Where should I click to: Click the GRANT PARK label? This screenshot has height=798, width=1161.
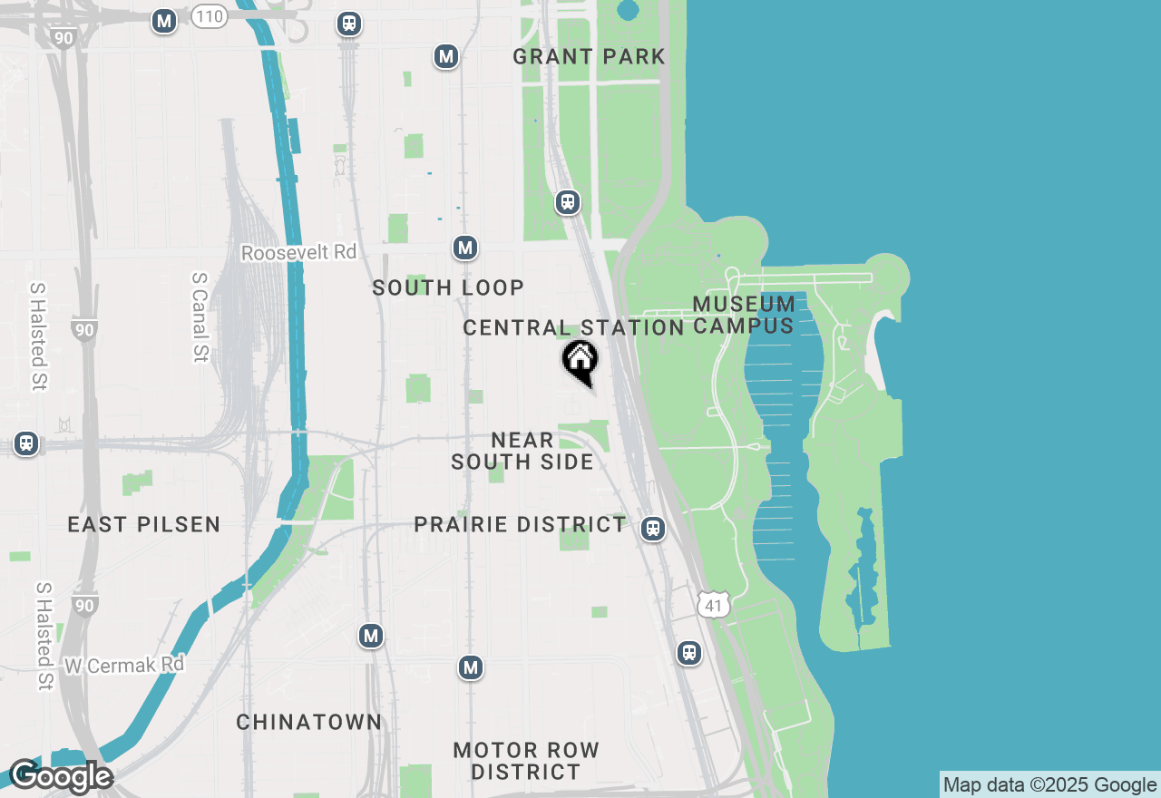click(x=589, y=56)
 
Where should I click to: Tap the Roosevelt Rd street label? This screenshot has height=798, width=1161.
click(x=298, y=252)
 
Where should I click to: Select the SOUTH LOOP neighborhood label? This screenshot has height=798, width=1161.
click(x=448, y=287)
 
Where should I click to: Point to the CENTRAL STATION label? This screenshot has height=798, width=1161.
click(x=572, y=327)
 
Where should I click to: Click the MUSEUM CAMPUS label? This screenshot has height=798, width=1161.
click(x=744, y=315)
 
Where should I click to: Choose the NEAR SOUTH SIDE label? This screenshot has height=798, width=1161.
click(x=522, y=451)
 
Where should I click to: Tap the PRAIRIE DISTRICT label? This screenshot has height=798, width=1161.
click(x=520, y=524)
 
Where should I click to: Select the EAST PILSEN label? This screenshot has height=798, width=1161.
click(x=143, y=524)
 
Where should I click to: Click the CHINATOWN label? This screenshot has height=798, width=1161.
click(x=308, y=722)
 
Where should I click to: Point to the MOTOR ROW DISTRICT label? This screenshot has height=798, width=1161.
click(x=526, y=761)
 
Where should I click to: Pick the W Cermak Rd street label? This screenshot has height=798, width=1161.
click(x=124, y=665)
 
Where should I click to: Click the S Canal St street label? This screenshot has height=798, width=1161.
click(x=200, y=317)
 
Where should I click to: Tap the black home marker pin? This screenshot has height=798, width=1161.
click(x=580, y=362)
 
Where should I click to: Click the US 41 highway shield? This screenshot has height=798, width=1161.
click(x=714, y=604)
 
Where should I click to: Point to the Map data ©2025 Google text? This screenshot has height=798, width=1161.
click(x=1049, y=785)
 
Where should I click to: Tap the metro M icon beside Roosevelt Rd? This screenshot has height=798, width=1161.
click(x=465, y=248)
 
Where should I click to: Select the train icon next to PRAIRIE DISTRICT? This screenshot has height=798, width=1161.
click(x=652, y=529)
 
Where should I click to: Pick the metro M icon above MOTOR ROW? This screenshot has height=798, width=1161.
click(x=470, y=668)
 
